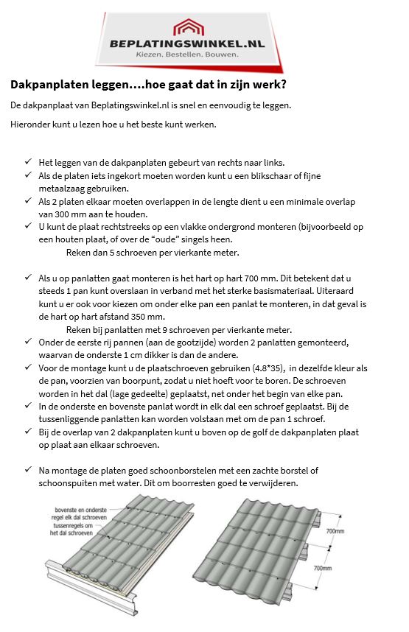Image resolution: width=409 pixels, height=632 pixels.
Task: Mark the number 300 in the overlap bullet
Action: coord(52,213)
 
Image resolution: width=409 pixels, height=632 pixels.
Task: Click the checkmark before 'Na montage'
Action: coord(28,470)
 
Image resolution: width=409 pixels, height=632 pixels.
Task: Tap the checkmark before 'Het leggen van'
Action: coord(28,161)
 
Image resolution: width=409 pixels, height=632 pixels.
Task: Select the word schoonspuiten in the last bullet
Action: coord(69,484)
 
